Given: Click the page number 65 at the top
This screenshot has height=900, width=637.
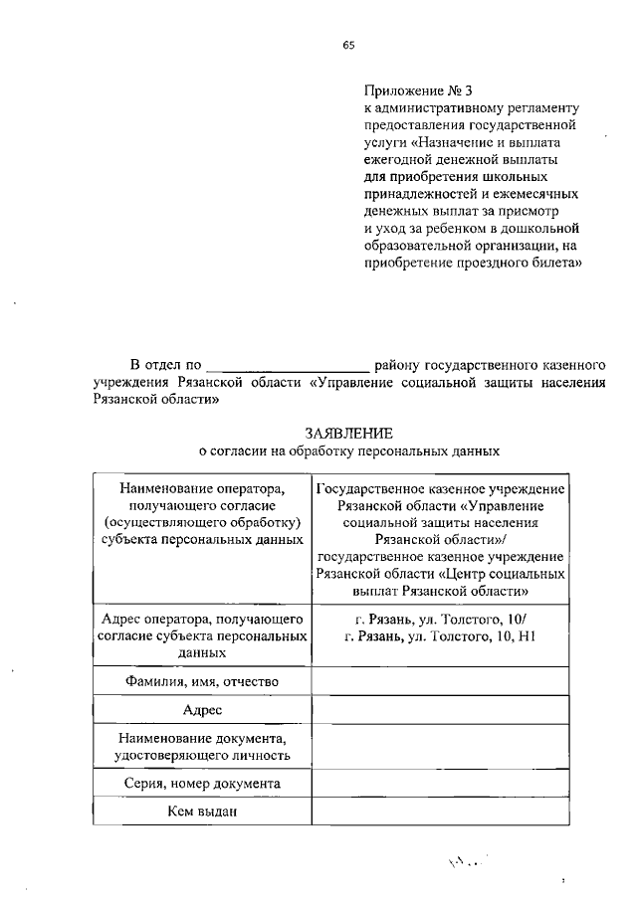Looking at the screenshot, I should point(349,44).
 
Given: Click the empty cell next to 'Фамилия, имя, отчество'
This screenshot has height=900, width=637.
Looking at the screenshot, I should point(441,681).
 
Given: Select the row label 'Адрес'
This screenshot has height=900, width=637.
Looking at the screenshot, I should point(201,710).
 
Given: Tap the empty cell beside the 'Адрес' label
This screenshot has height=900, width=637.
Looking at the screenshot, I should point(441,710).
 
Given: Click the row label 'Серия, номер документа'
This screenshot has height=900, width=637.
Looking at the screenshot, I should point(201,785).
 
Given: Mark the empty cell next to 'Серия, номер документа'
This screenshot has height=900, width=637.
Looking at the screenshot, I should point(441,785).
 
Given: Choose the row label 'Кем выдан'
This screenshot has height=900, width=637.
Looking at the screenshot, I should point(201,813).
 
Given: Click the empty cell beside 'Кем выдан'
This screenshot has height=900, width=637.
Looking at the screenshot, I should point(441,813).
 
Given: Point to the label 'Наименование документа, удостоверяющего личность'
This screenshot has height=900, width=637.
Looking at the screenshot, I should point(201,747).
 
